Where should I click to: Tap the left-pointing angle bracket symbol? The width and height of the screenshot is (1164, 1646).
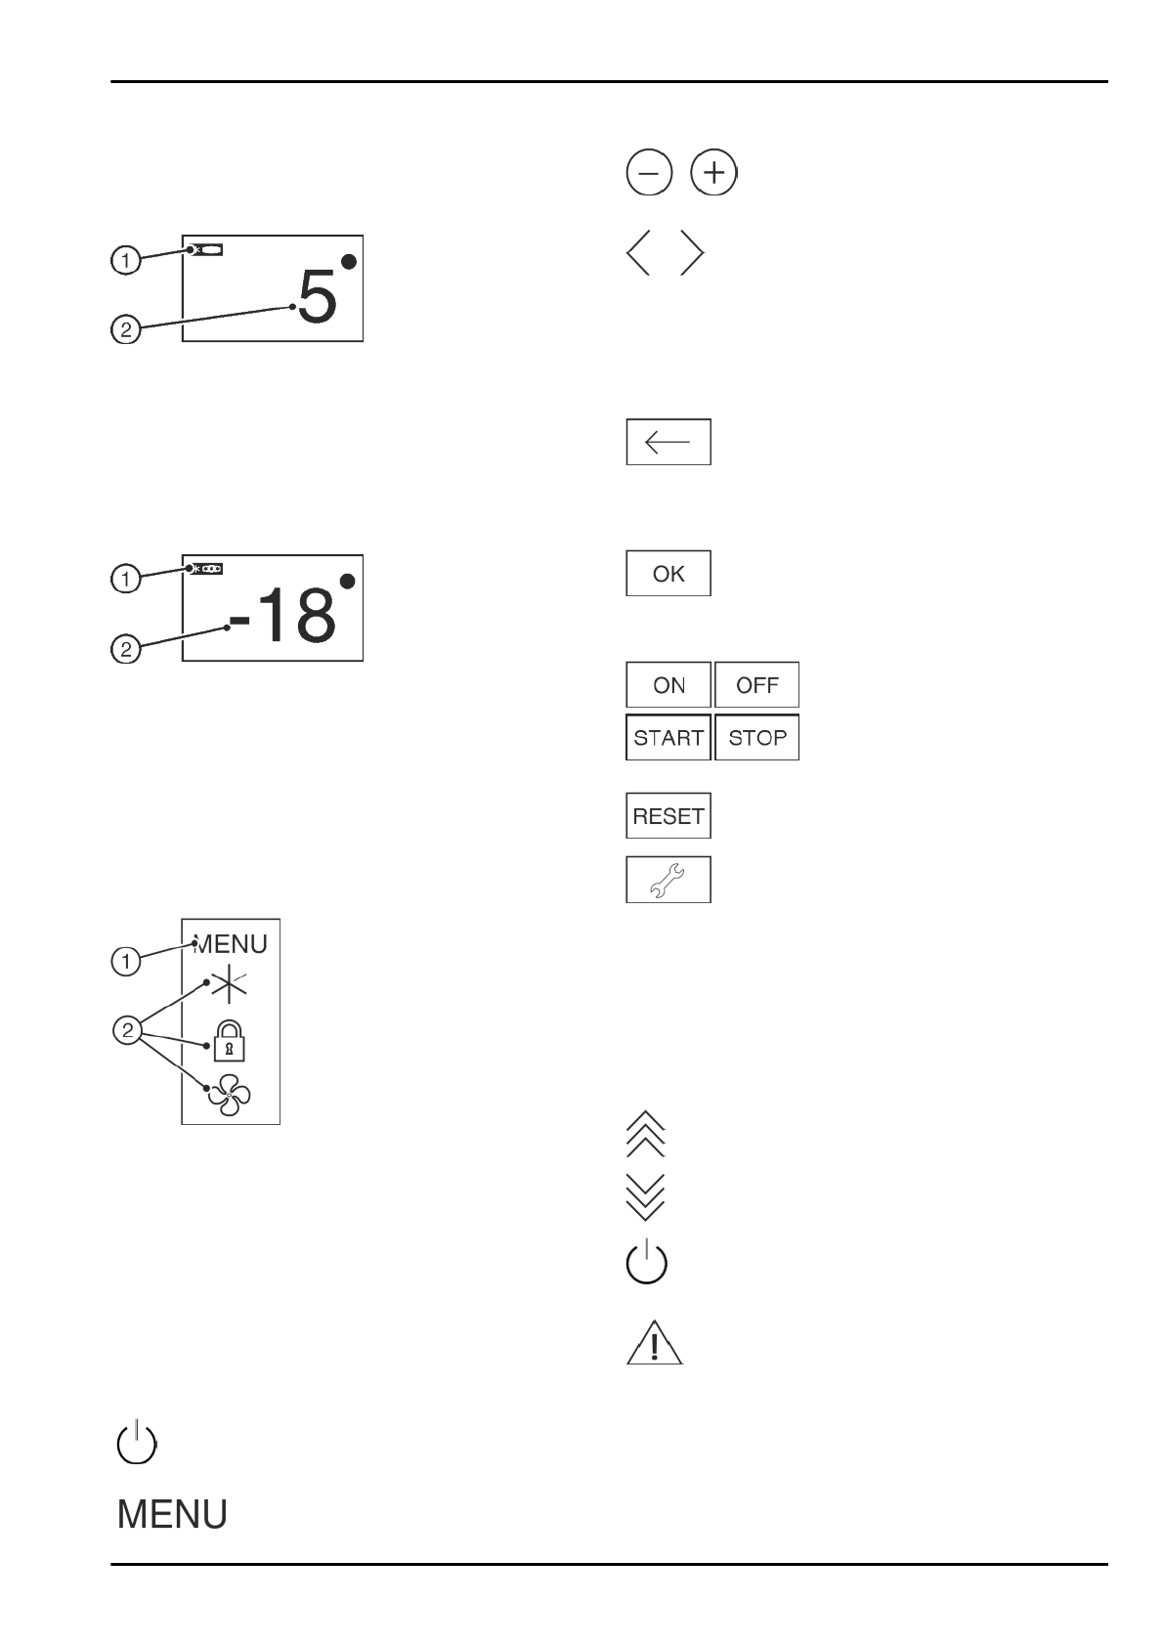(638, 254)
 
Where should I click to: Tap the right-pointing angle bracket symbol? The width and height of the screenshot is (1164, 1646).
(692, 254)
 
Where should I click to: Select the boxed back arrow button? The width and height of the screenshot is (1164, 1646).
(668, 442)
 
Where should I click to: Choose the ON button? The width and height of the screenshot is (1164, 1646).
(668, 685)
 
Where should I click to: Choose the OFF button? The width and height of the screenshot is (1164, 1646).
(757, 685)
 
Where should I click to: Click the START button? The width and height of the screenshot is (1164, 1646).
(668, 738)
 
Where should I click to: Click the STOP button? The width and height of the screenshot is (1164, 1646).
(757, 738)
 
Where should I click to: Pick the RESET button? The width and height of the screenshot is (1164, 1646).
(668, 816)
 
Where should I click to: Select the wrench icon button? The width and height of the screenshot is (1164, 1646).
(668, 880)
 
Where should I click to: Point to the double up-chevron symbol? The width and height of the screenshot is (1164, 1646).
(645, 1135)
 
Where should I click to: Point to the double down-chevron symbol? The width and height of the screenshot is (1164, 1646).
(645, 1196)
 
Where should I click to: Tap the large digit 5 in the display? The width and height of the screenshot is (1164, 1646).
(318, 297)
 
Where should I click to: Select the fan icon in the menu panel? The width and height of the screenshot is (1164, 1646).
(229, 1096)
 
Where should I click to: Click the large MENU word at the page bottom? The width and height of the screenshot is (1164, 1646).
(172, 1515)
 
